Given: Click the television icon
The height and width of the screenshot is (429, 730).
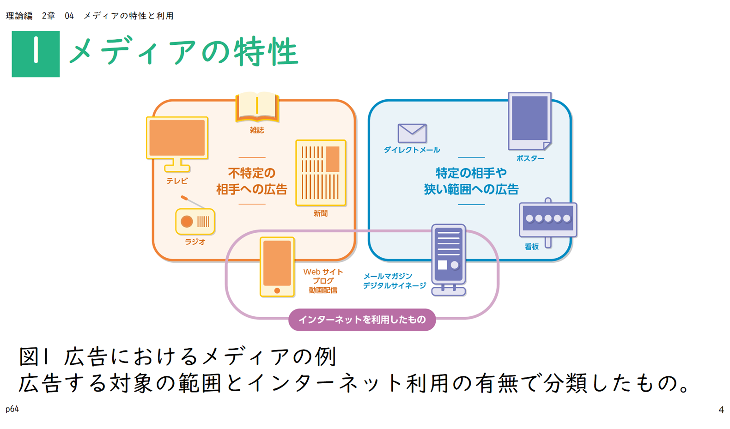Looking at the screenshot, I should click(x=177, y=140).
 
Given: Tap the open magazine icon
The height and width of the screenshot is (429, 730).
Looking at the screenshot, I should click(x=257, y=107).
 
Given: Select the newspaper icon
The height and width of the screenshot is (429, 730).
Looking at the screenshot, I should click(x=321, y=172).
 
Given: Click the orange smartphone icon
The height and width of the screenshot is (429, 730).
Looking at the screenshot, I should click(x=277, y=266).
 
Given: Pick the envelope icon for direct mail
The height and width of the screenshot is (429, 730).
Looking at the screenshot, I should click(x=412, y=133).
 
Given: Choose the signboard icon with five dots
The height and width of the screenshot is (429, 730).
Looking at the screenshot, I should click(x=548, y=219).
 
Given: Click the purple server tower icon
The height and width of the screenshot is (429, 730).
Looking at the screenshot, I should click(x=448, y=259).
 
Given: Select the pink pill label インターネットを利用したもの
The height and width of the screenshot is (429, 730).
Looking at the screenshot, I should click(x=362, y=320).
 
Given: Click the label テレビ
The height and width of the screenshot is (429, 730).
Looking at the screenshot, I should click(x=177, y=181).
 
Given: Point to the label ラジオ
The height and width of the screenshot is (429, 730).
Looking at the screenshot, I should click(x=195, y=242).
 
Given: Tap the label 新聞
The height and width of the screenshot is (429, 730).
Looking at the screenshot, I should click(x=320, y=213).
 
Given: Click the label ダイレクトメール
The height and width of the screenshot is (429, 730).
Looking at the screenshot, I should click(x=412, y=150).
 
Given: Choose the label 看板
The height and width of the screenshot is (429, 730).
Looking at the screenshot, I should click(x=531, y=247).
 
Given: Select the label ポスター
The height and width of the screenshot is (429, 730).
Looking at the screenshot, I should click(x=530, y=158).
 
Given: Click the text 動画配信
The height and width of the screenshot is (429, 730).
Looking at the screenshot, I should click(x=323, y=290).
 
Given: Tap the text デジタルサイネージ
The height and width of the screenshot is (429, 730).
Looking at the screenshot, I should click(x=394, y=286).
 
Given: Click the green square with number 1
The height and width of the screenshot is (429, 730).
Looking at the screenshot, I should click(x=36, y=54).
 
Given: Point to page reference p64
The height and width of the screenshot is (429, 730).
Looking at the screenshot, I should click(x=12, y=409).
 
